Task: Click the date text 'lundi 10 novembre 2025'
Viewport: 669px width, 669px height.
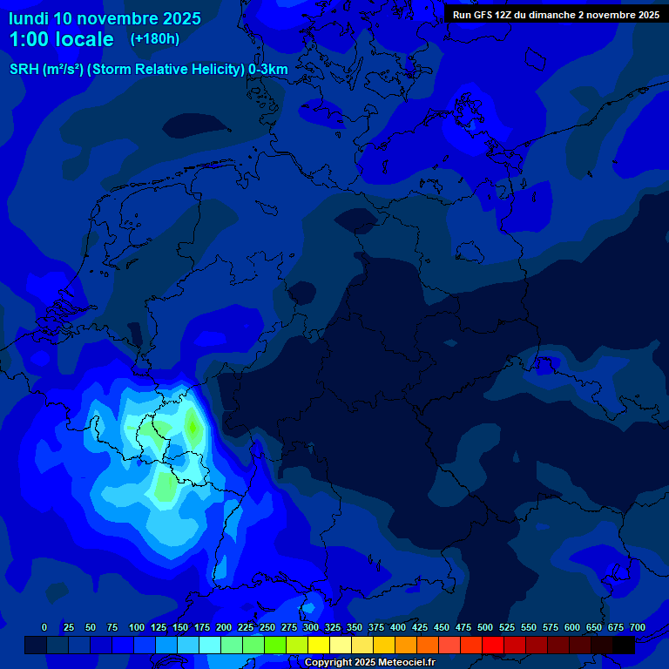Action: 105,18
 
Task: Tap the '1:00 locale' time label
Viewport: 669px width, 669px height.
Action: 62,39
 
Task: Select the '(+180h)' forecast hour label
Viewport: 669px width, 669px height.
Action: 155,39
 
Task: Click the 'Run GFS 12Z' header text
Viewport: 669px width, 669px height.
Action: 483,15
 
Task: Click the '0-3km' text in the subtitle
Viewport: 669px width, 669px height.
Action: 268,70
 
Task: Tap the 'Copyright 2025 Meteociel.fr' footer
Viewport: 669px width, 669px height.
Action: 369,663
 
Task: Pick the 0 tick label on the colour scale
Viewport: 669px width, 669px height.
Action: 44,627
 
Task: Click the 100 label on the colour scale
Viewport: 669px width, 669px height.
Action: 137,627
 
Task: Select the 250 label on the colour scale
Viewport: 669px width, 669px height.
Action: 267,627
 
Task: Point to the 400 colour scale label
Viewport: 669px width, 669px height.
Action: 398,627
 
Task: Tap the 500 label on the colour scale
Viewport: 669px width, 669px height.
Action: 485,627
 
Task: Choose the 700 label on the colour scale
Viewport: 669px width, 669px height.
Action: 638,627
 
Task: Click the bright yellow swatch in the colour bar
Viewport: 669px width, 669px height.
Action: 319,645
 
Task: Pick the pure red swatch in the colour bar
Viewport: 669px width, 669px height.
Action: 493,645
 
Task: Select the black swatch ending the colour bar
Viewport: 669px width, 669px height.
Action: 624,645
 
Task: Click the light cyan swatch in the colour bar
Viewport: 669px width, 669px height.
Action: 210,645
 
